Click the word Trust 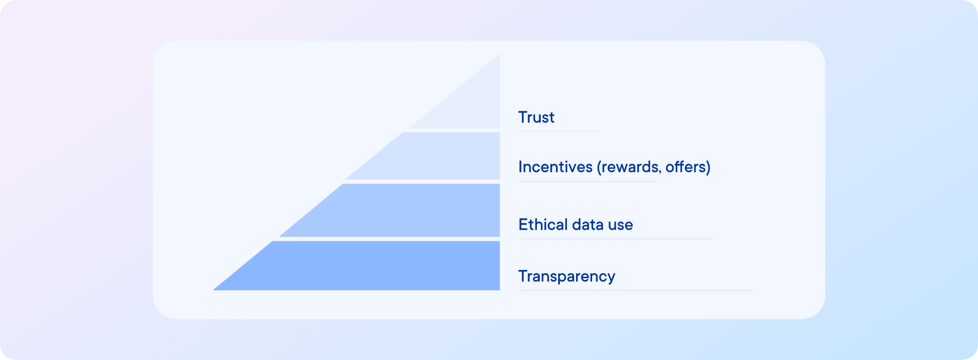(536, 117)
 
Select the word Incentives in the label (555, 167)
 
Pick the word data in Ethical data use (588, 225)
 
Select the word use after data (621, 225)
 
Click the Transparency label (566, 276)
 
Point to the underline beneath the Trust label (557, 131)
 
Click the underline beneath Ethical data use (615, 239)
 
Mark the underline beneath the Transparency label (636, 290)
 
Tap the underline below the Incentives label (586, 181)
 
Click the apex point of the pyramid (499, 55)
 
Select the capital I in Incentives (520, 167)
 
